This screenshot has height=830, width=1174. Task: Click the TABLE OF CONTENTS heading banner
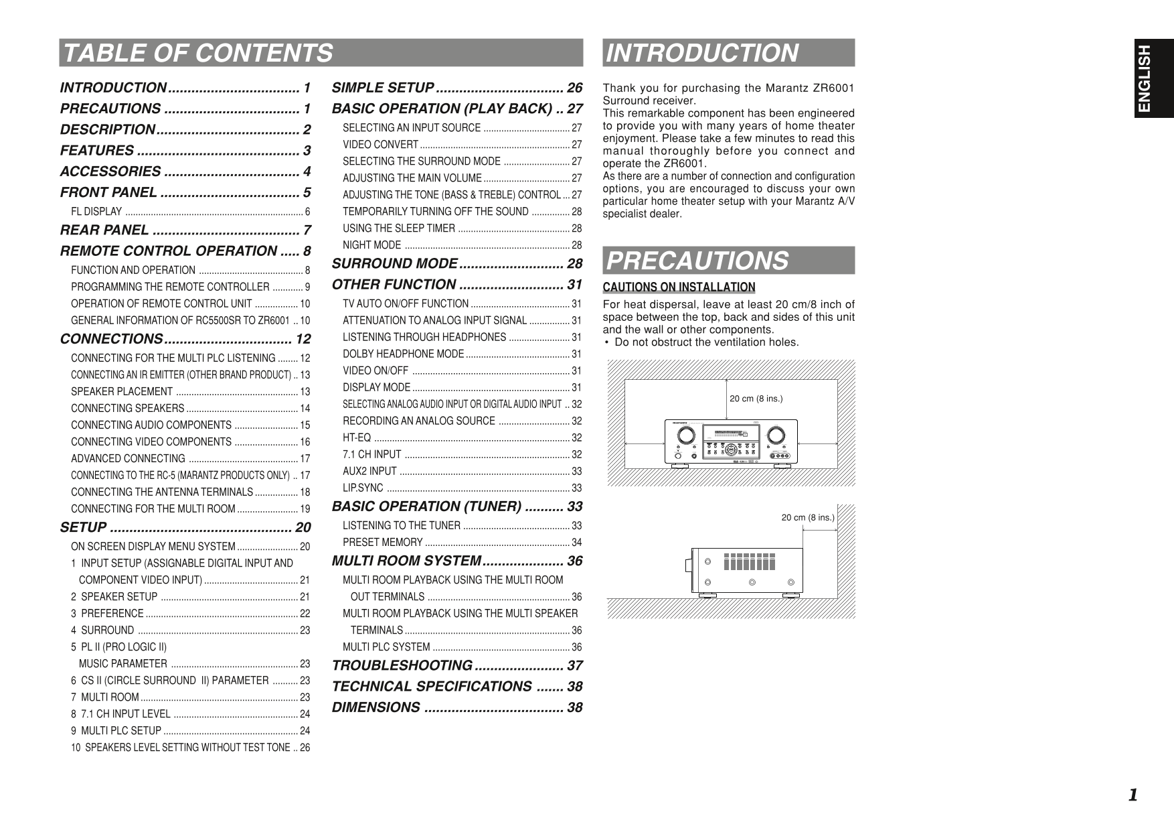click(197, 53)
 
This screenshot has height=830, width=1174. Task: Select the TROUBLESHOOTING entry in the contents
click(402, 666)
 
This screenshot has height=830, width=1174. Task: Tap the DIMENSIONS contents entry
click(376, 707)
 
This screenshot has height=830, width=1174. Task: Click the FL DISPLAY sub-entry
click(96, 212)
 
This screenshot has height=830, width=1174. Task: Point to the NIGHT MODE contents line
click(371, 245)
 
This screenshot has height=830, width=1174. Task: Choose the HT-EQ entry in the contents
click(357, 437)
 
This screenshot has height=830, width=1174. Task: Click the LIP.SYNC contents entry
click(363, 488)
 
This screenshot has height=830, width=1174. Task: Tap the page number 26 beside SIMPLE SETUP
click(574, 88)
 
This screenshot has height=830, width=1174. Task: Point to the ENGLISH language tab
click(1154, 78)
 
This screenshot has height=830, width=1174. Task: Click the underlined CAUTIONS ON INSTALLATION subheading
click(679, 287)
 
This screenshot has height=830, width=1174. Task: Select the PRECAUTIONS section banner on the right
click(697, 261)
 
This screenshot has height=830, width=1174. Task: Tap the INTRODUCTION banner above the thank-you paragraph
click(701, 53)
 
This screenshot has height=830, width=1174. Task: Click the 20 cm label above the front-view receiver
click(756, 399)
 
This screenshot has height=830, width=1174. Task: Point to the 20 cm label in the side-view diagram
click(808, 517)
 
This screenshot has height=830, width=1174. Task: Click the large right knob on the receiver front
click(776, 435)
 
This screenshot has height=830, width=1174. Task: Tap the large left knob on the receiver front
click(685, 435)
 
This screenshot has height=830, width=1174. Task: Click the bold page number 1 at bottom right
click(1133, 795)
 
